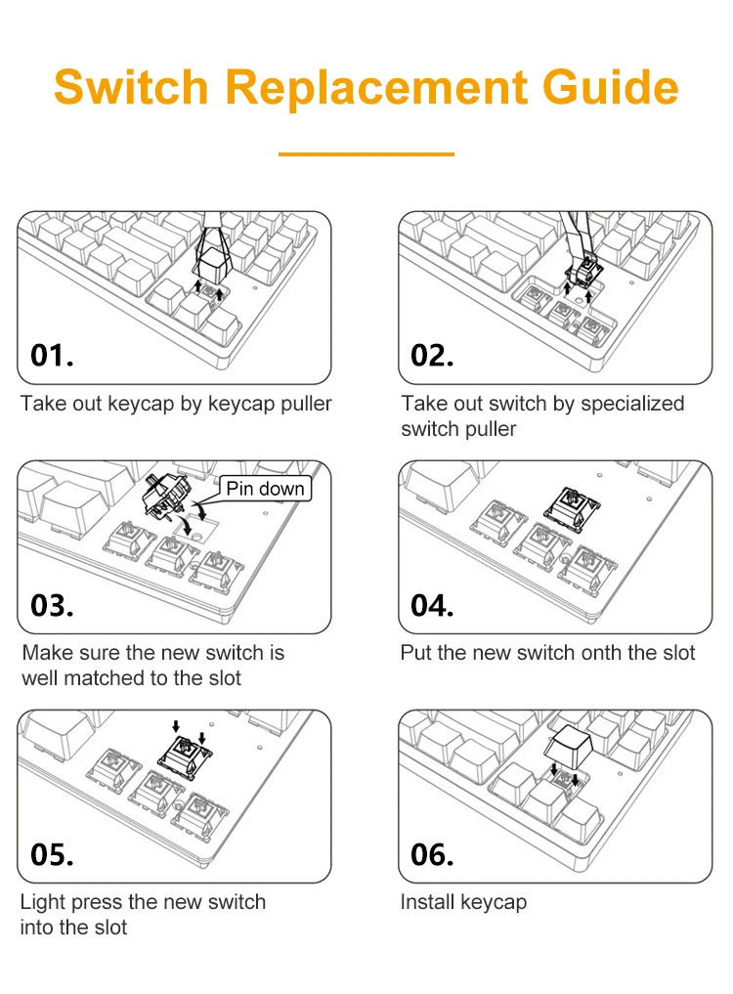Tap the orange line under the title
click(366, 154)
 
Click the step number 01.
click(52, 356)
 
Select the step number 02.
click(432, 356)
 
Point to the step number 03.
click(52, 605)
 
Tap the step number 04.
click(432, 605)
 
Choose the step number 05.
click(52, 854)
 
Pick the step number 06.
click(432, 854)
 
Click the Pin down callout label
click(265, 488)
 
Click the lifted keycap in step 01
click(211, 263)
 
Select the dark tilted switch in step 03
click(165, 496)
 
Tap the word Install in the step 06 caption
click(428, 902)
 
